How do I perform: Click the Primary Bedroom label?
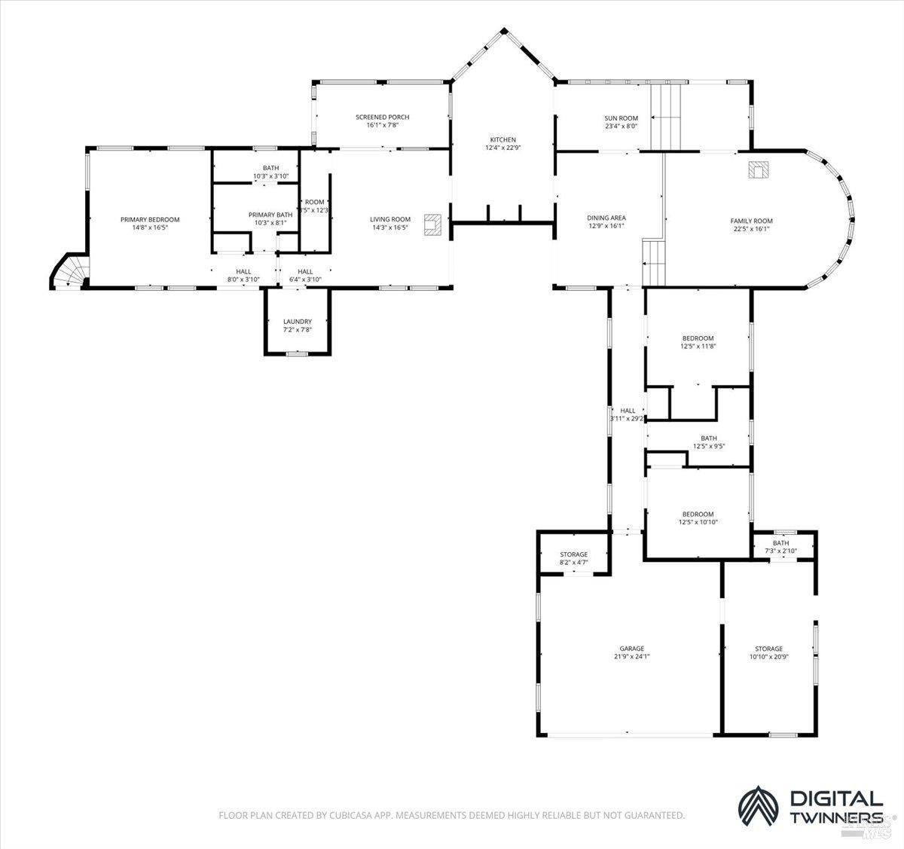click(150, 219)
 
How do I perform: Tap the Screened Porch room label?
click(382, 117)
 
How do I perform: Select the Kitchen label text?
click(502, 140)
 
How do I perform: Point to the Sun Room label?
click(621, 118)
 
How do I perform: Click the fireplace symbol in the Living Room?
click(432, 224)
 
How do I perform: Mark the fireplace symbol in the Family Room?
click(757, 170)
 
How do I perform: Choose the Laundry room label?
click(297, 322)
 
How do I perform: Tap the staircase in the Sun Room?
click(666, 117)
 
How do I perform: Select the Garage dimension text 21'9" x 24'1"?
click(631, 656)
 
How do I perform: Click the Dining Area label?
click(606, 218)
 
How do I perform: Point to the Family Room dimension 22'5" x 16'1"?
click(751, 229)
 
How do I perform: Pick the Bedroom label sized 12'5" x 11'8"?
click(698, 338)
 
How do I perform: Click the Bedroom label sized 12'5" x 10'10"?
click(698, 514)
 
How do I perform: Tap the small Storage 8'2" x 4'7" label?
click(573, 554)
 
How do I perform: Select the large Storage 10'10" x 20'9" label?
click(768, 649)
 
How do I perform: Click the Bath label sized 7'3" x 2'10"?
click(780, 543)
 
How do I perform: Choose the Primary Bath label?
click(270, 215)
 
